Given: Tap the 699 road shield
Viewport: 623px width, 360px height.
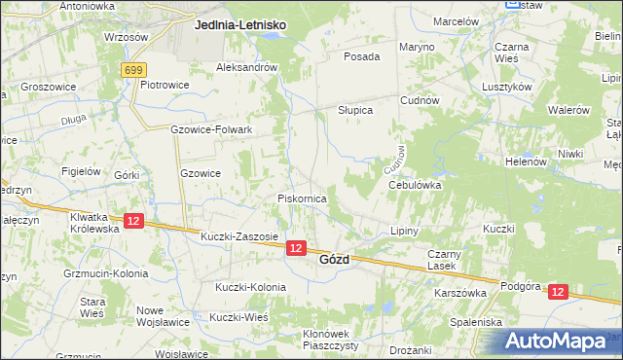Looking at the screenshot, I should pyautogui.click(x=134, y=70).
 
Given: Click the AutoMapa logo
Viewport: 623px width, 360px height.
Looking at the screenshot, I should pyautogui.click(x=556, y=342).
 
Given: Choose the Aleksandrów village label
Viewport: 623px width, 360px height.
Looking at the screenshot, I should pyautogui.click(x=247, y=68).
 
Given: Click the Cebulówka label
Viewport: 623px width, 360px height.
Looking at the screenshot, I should pyautogui.click(x=416, y=184).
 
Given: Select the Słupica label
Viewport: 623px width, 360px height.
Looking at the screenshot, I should pyautogui.click(x=355, y=110).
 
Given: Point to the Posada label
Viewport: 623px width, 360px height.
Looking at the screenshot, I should pyautogui.click(x=361, y=56).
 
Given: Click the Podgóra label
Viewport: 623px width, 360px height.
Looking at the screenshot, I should pyautogui.click(x=519, y=286).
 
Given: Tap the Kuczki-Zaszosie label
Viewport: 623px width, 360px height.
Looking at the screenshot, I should pyautogui.click(x=239, y=236).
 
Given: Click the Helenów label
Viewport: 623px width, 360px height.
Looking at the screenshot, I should pyautogui.click(x=525, y=162).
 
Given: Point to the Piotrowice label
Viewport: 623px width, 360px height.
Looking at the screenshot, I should pyautogui.click(x=164, y=85).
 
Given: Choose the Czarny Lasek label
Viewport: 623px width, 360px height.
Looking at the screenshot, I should pyautogui.click(x=441, y=259).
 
